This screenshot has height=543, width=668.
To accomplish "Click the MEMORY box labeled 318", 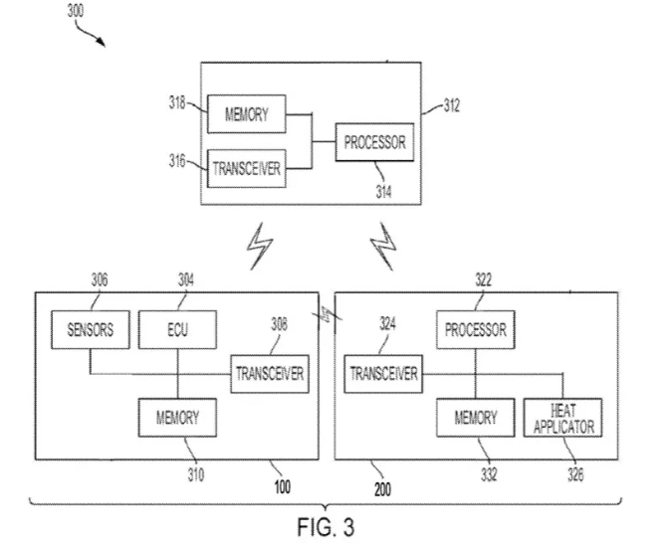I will (246, 113).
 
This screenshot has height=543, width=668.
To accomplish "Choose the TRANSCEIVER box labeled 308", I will (268, 374).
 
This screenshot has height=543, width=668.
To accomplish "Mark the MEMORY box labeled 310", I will (176, 418).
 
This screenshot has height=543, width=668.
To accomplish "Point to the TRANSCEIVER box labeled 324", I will (383, 374).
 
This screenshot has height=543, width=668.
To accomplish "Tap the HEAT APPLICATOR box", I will (562, 418).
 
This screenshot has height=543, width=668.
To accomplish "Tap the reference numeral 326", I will (574, 476).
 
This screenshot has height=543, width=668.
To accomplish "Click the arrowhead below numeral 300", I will (101, 43).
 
